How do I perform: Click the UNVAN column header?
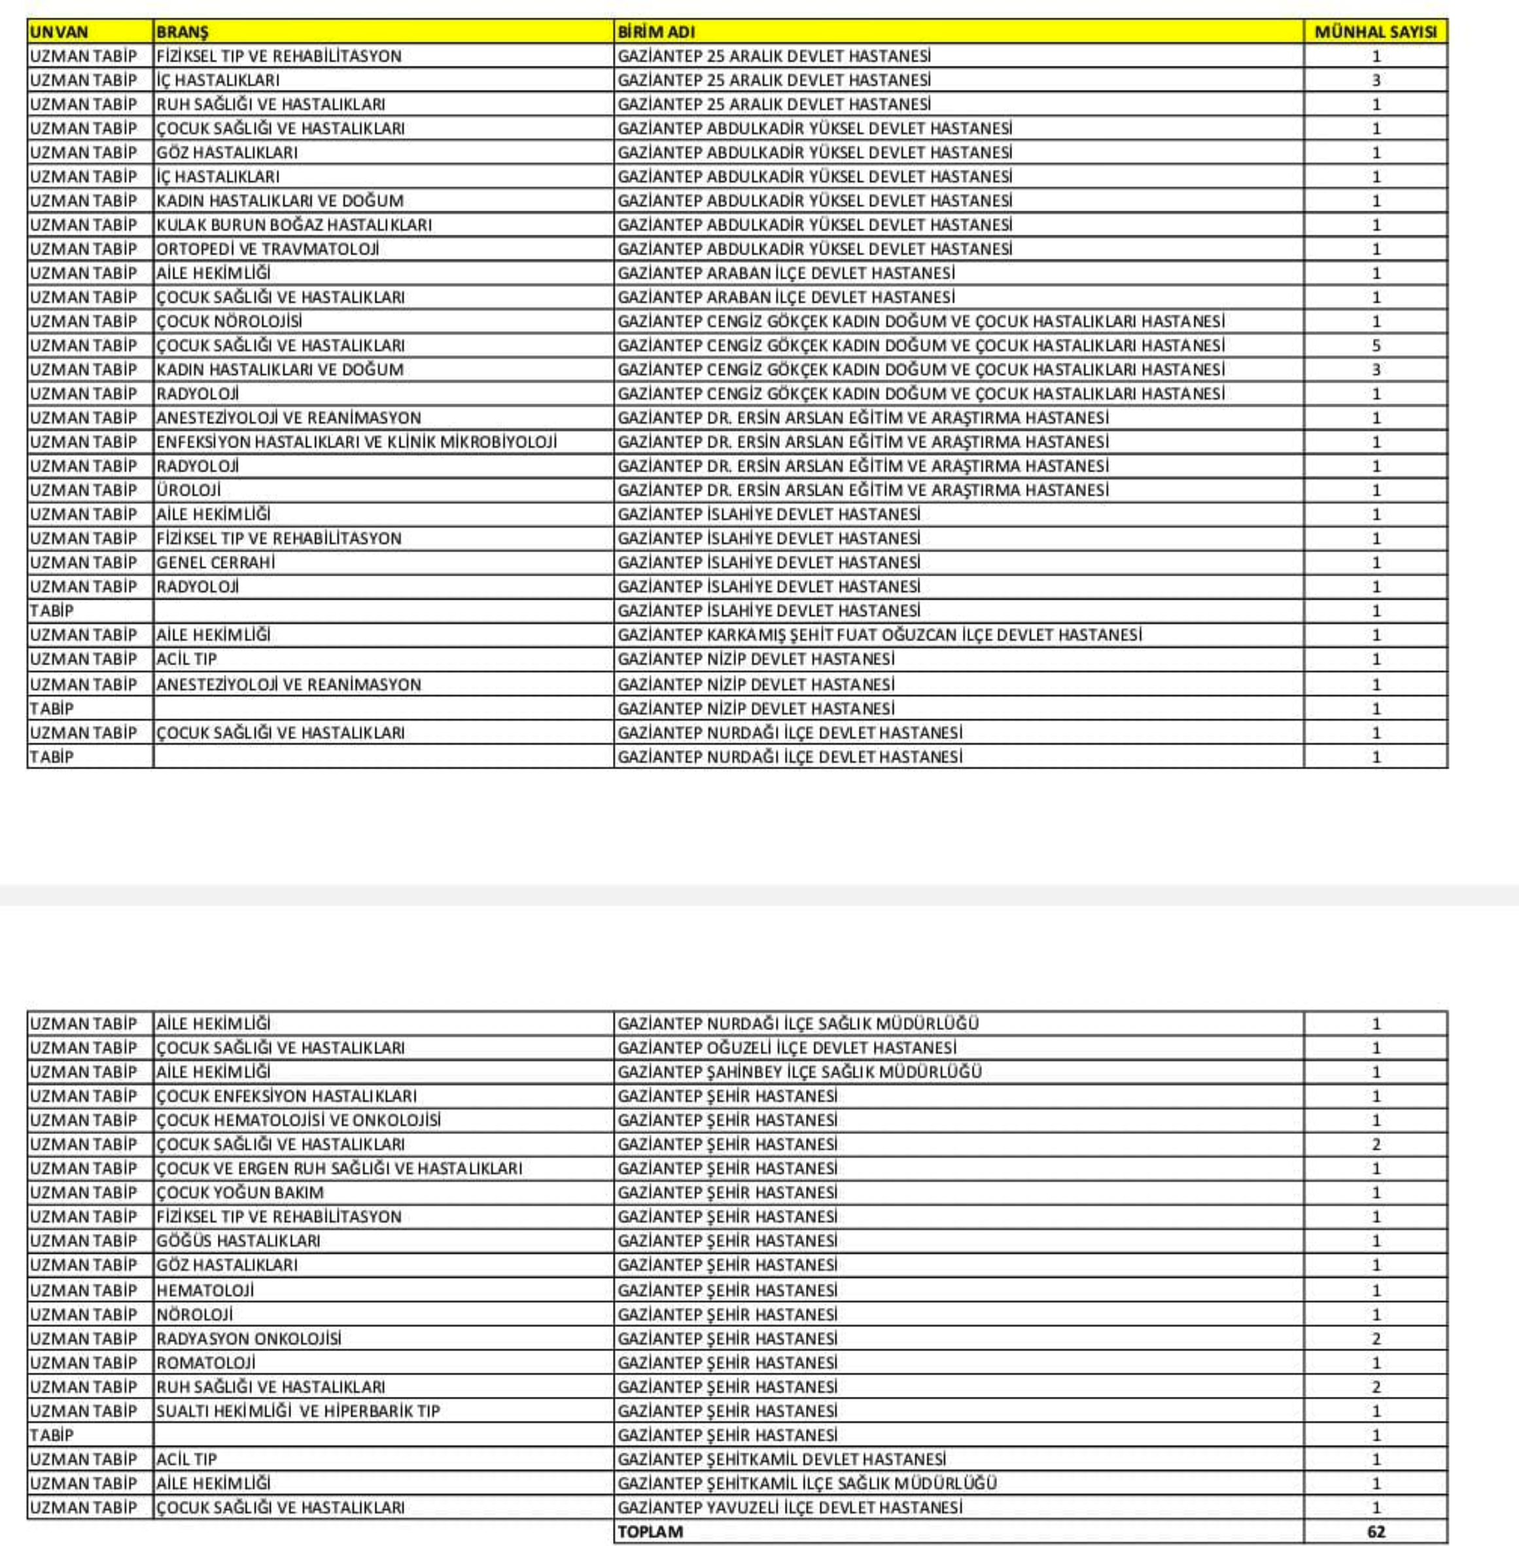point(59,32)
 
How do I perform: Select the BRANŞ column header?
point(182,32)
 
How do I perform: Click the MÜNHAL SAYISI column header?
point(1375,32)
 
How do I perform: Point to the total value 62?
point(1375,1531)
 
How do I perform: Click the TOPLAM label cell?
point(650,1531)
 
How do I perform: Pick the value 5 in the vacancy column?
point(1375,345)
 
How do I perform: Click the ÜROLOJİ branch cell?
point(189,490)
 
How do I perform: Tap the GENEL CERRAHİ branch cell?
point(215,562)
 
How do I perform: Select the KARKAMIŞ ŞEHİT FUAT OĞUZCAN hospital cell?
point(879,635)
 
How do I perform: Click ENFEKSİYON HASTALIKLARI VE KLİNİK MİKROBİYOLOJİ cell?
point(357,442)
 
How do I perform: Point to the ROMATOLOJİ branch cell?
point(206,1362)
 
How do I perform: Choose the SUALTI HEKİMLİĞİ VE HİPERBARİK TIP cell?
point(298,1411)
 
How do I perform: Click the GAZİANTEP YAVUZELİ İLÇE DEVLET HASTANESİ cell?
point(790,1507)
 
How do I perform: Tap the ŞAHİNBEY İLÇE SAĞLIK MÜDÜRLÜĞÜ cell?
point(799,1071)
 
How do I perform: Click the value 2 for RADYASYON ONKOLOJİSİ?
point(1375,1339)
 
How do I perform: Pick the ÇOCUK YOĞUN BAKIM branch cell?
point(240,1192)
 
